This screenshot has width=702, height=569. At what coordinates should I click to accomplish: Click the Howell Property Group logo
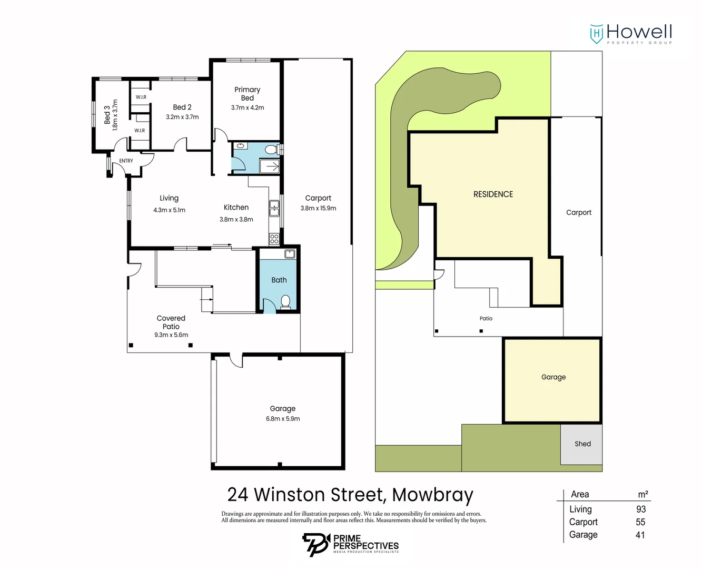(x=631, y=34)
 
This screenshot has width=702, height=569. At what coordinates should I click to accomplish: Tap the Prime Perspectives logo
(x=351, y=544)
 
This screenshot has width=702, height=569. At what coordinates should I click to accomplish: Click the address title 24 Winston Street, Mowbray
(x=350, y=495)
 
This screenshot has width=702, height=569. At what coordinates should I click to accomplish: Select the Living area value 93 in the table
(x=640, y=509)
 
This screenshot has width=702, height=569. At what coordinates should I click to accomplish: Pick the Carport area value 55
(x=640, y=522)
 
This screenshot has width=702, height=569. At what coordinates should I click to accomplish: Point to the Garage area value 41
(x=640, y=535)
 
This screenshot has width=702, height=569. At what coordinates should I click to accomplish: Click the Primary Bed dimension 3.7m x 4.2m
(x=248, y=107)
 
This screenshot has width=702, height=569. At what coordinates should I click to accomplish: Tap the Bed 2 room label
(x=182, y=107)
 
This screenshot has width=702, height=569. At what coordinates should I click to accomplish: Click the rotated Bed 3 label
(x=107, y=115)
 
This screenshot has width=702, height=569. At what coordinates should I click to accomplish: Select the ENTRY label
(x=126, y=161)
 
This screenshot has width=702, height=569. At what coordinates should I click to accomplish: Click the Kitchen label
(x=236, y=208)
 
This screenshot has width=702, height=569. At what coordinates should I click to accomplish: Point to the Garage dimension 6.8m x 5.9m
(x=283, y=419)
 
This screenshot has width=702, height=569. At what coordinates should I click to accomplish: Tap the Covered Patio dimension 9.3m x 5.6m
(x=171, y=335)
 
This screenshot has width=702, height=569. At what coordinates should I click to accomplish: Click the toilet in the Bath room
(x=285, y=301)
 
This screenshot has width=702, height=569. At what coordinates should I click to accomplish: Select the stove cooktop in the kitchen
(x=274, y=239)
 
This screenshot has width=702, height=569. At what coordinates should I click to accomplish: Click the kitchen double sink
(x=274, y=209)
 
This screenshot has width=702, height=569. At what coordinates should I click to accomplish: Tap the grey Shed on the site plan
(x=581, y=444)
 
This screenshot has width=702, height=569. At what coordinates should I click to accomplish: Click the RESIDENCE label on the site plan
(x=493, y=194)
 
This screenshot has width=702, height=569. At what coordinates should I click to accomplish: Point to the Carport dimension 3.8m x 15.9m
(x=318, y=208)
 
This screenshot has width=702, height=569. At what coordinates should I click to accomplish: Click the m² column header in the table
(x=643, y=494)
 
